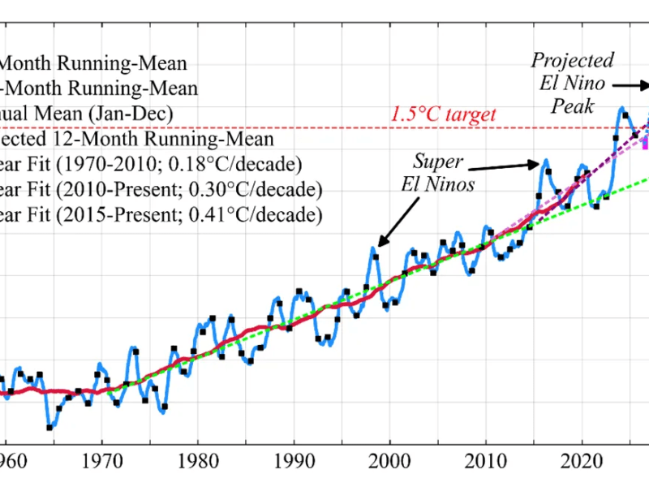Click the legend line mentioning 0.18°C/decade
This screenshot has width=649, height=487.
[151, 166]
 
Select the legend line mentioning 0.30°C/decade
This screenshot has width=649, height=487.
[161, 191]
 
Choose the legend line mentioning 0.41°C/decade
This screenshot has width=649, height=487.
[161, 216]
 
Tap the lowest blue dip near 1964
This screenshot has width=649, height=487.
[50, 427]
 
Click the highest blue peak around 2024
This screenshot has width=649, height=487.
[622, 107]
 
